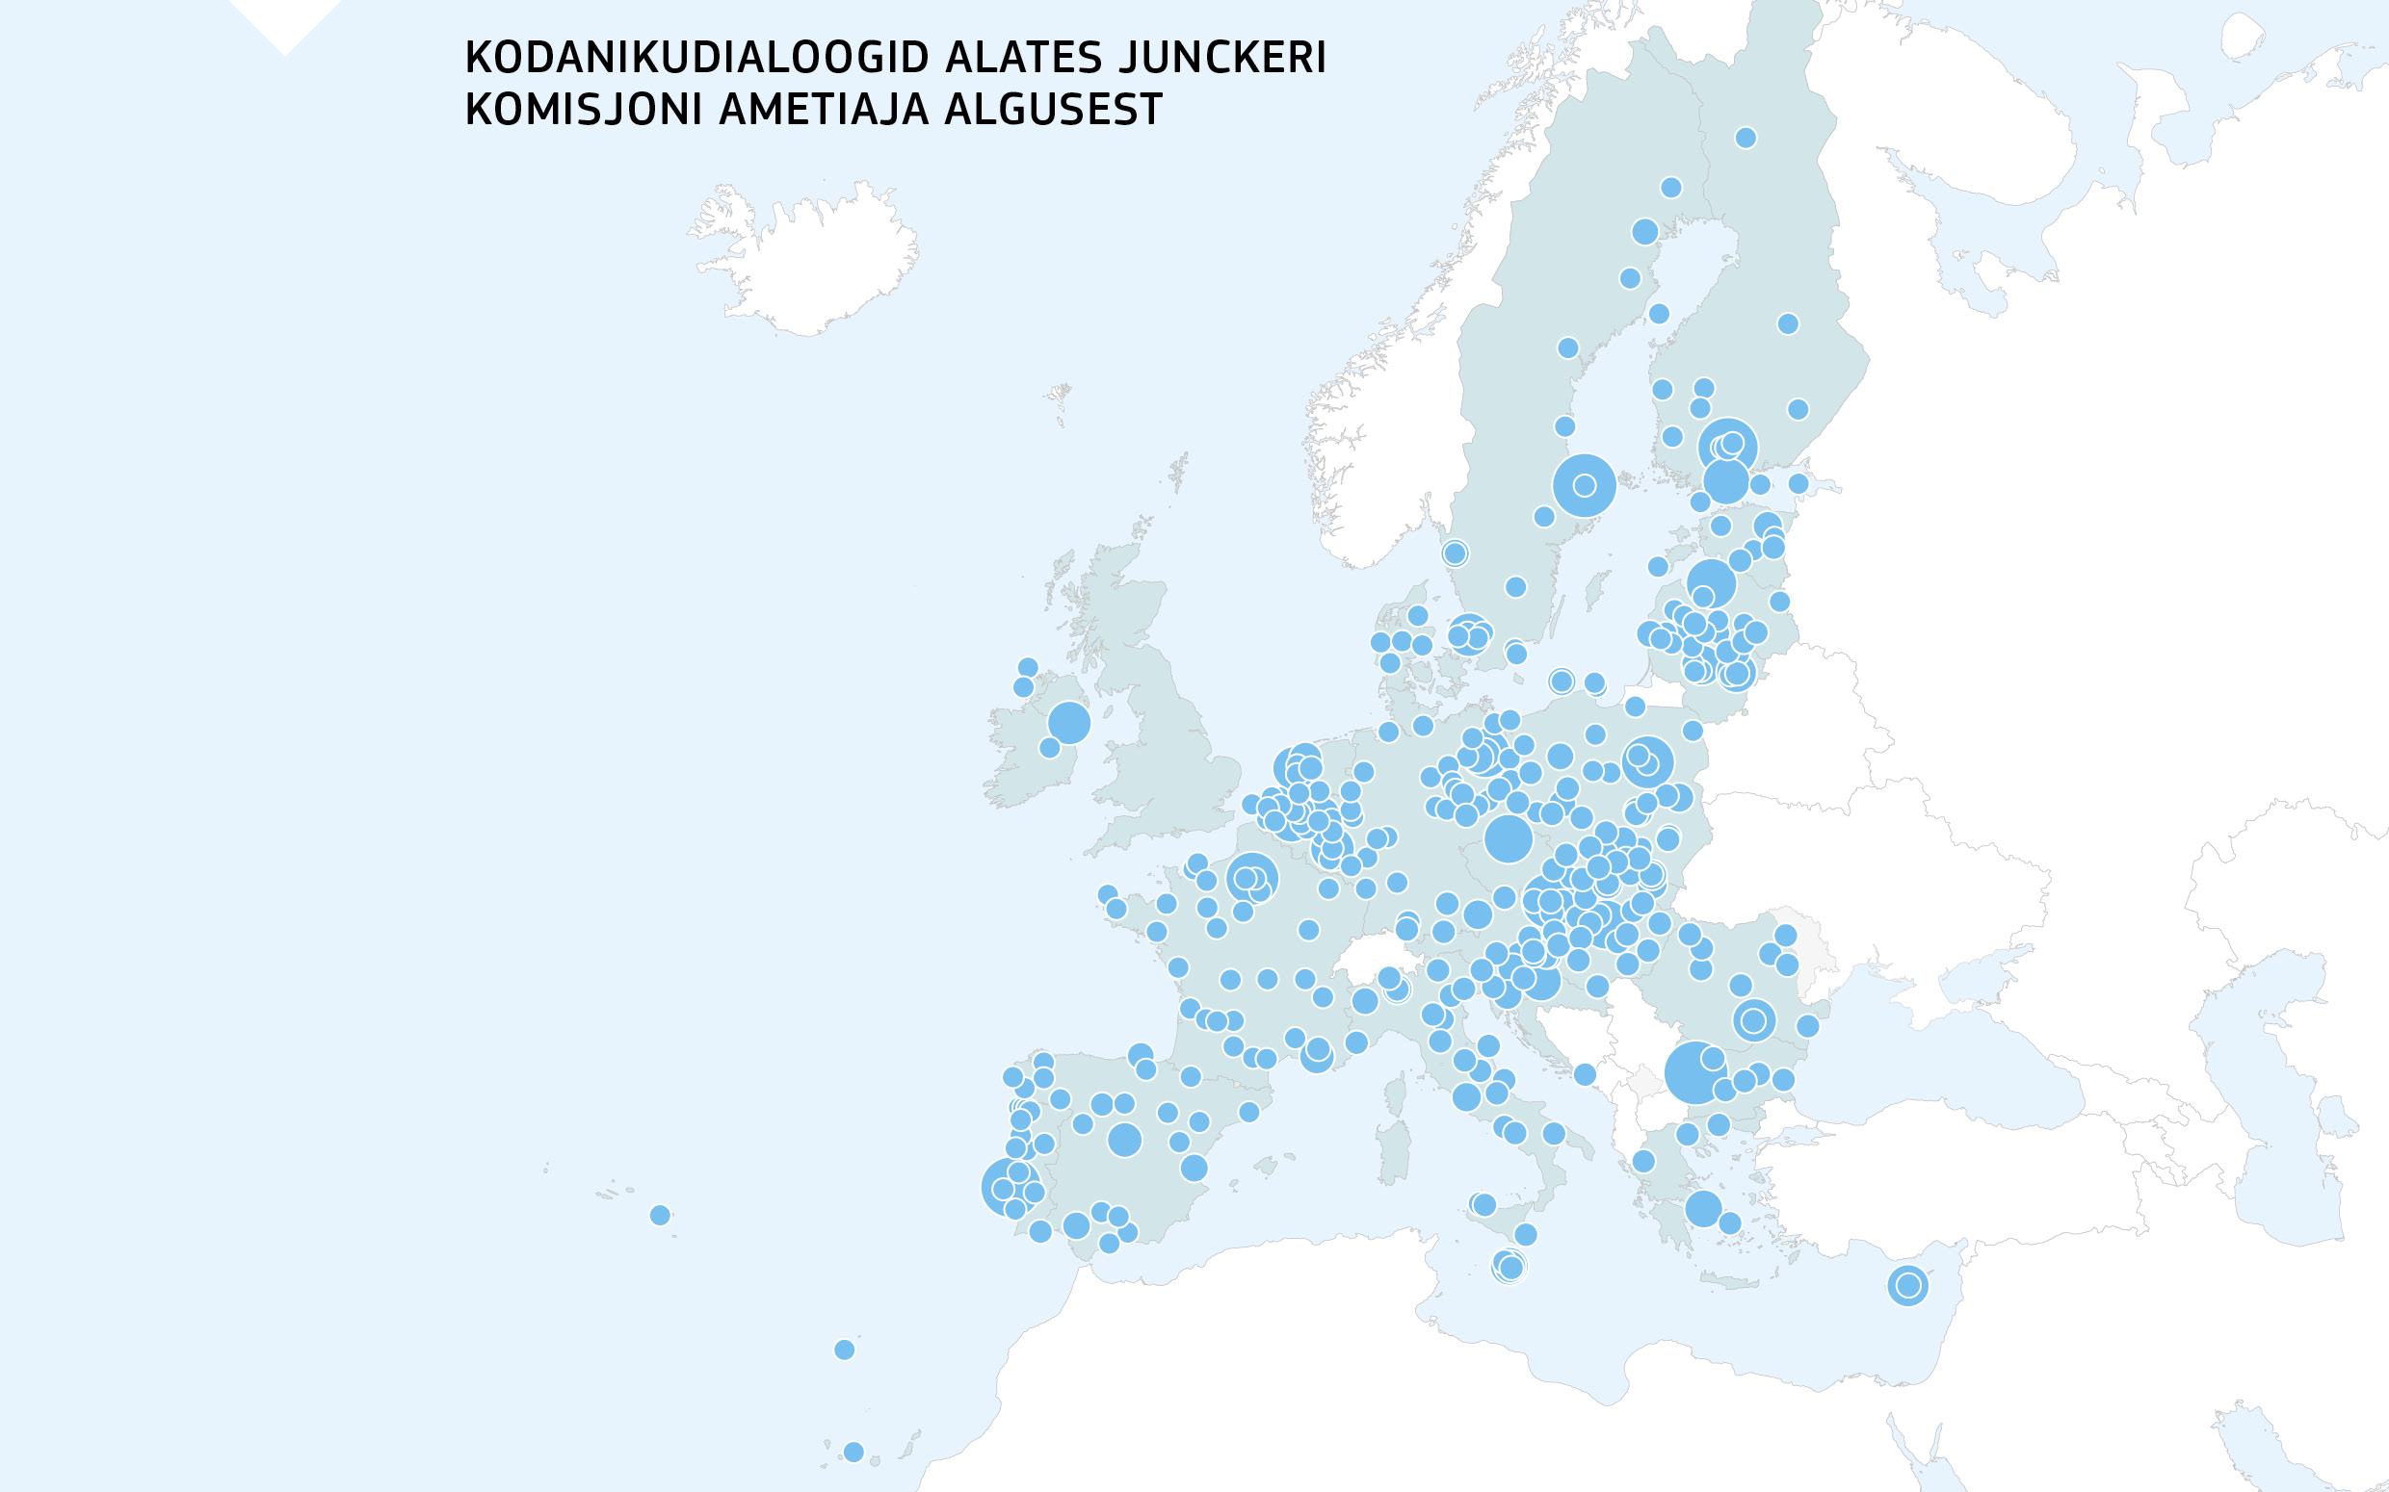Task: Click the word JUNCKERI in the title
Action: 1222,58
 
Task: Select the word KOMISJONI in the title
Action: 584,110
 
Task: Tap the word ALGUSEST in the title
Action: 1053,110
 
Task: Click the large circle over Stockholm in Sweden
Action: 1584,485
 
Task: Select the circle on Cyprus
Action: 1907,1286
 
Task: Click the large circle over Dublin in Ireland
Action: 1068,722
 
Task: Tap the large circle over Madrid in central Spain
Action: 1124,1140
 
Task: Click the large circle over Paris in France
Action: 1251,877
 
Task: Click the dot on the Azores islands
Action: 661,1216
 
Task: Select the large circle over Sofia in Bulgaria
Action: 1694,1072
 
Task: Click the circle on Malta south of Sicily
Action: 1509,1266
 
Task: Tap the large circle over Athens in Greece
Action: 1703,1209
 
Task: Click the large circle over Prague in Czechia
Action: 1508,838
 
